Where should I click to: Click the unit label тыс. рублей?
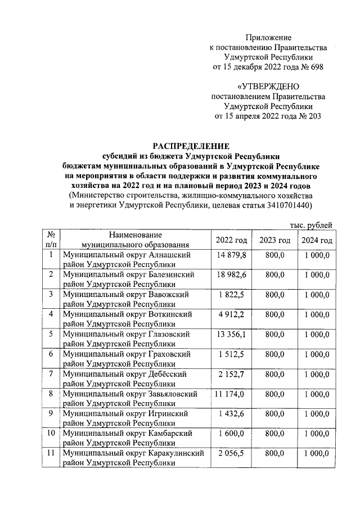coord(310,225)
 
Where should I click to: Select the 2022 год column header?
coord(231,240)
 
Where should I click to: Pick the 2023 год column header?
coord(274,240)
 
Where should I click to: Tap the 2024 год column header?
coord(317,240)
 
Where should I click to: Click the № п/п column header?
coord(51,240)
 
